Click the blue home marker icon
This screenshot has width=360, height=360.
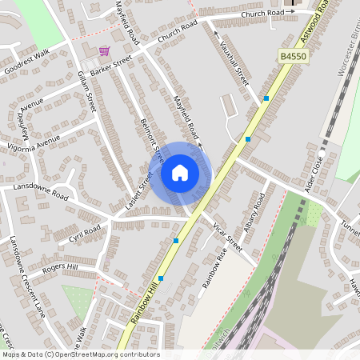(x=180, y=172)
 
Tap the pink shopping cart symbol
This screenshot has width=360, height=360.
(x=104, y=51)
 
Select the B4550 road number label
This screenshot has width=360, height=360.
(x=294, y=56)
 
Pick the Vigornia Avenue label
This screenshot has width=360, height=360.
(x=31, y=145)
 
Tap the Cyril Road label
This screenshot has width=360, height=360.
(x=85, y=233)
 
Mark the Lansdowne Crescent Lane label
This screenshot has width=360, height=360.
(x=25, y=277)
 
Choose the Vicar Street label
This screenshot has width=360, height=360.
(x=227, y=236)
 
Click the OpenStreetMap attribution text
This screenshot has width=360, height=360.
(x=80, y=354)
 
